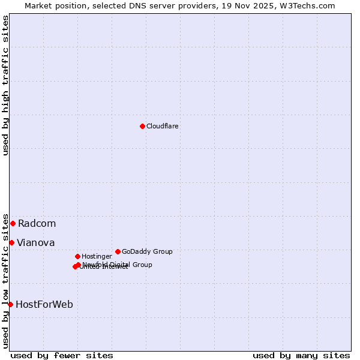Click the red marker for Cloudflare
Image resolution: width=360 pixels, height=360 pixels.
pyautogui.click(x=142, y=126)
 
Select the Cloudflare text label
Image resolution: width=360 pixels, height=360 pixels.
pyautogui.click(x=163, y=126)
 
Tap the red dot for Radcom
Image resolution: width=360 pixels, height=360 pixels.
pyautogui.click(x=13, y=223)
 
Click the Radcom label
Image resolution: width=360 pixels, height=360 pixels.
pyautogui.click(x=37, y=224)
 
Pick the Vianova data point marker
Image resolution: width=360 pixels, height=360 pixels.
pyautogui.click(x=11, y=242)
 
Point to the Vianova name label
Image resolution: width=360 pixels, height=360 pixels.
pyautogui.click(x=35, y=243)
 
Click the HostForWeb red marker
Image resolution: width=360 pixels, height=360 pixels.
pyautogui.click(x=10, y=304)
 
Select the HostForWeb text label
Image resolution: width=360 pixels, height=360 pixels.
pyautogui.click(x=44, y=305)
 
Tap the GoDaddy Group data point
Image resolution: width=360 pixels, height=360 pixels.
pyautogui.click(x=118, y=251)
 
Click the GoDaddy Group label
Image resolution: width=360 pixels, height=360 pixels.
pyautogui.click(x=147, y=251)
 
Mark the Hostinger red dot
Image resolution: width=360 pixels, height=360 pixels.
pyautogui.click(x=77, y=256)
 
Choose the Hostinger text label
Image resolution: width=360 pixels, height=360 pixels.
pyautogui.click(x=97, y=256)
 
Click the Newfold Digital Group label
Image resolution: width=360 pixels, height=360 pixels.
pyautogui.click(x=118, y=264)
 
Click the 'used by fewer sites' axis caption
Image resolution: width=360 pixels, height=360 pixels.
pyautogui.click(x=62, y=355)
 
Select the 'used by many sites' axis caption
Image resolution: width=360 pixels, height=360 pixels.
pyautogui.click(x=301, y=355)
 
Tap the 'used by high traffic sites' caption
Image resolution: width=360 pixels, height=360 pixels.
pyautogui.click(x=5, y=85)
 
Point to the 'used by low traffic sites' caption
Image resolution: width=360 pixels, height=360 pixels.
pyautogui.click(x=5, y=281)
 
